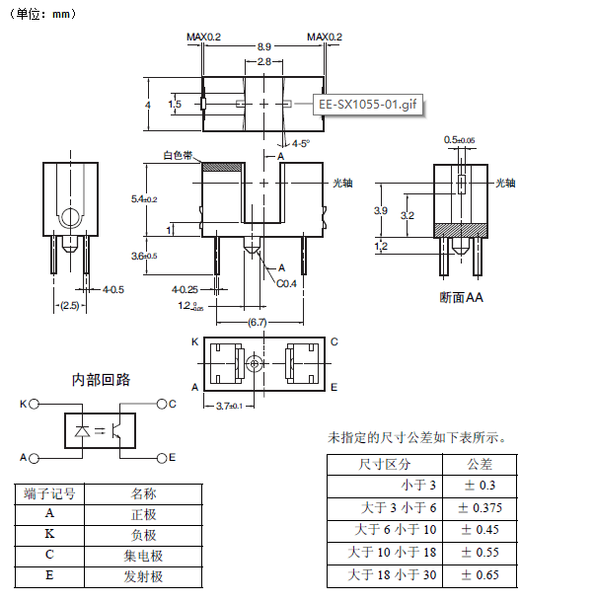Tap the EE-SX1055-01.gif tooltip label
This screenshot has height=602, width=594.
(x=367, y=105)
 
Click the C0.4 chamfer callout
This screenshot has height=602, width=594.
(x=286, y=283)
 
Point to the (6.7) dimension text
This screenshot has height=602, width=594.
(x=257, y=323)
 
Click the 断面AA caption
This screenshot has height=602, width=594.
(x=461, y=296)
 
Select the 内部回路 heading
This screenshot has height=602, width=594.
(x=101, y=380)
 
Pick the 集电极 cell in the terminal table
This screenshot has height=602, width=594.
(x=143, y=556)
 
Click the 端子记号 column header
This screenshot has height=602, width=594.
(x=50, y=493)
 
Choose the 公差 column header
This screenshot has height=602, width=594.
(x=480, y=464)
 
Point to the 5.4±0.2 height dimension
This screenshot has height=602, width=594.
(x=144, y=199)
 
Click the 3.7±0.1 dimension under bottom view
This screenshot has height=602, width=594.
(x=228, y=406)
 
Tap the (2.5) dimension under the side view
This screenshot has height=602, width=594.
(x=68, y=306)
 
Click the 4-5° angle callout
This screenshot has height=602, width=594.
(x=300, y=143)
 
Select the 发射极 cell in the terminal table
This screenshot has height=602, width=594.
(x=143, y=576)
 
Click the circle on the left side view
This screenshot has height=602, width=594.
(x=70, y=218)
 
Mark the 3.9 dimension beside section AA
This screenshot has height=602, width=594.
(x=381, y=211)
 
